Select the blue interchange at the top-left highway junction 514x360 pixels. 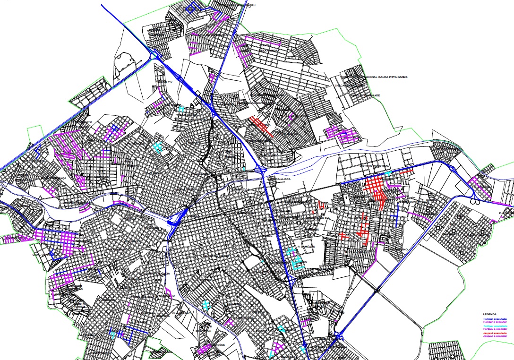(x=154, y=55)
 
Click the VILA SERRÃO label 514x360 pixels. (x=181, y=313)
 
